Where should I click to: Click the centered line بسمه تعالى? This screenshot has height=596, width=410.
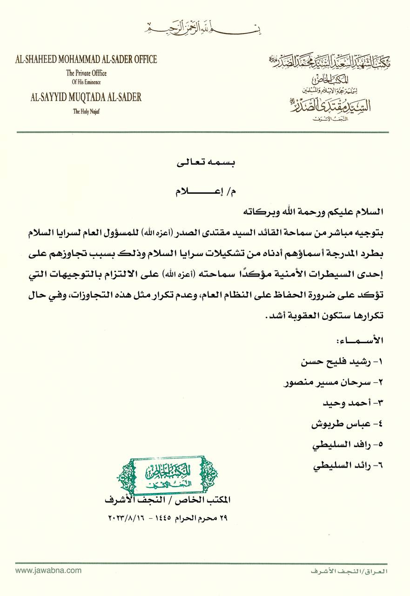(x=205, y=164)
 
